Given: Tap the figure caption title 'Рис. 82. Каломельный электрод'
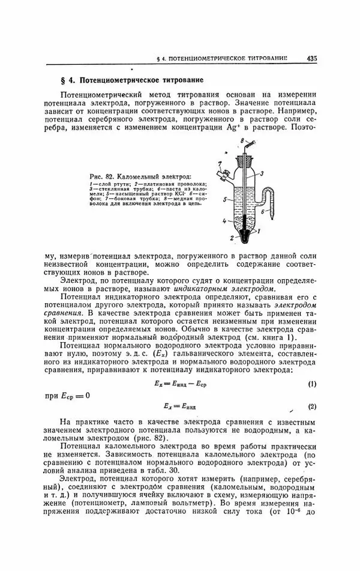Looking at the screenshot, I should coord(139,177).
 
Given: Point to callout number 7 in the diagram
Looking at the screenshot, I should coord(220,163).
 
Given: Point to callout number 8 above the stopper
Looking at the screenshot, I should coord(242,140).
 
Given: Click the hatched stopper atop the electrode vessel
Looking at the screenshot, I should coord(244,162).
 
